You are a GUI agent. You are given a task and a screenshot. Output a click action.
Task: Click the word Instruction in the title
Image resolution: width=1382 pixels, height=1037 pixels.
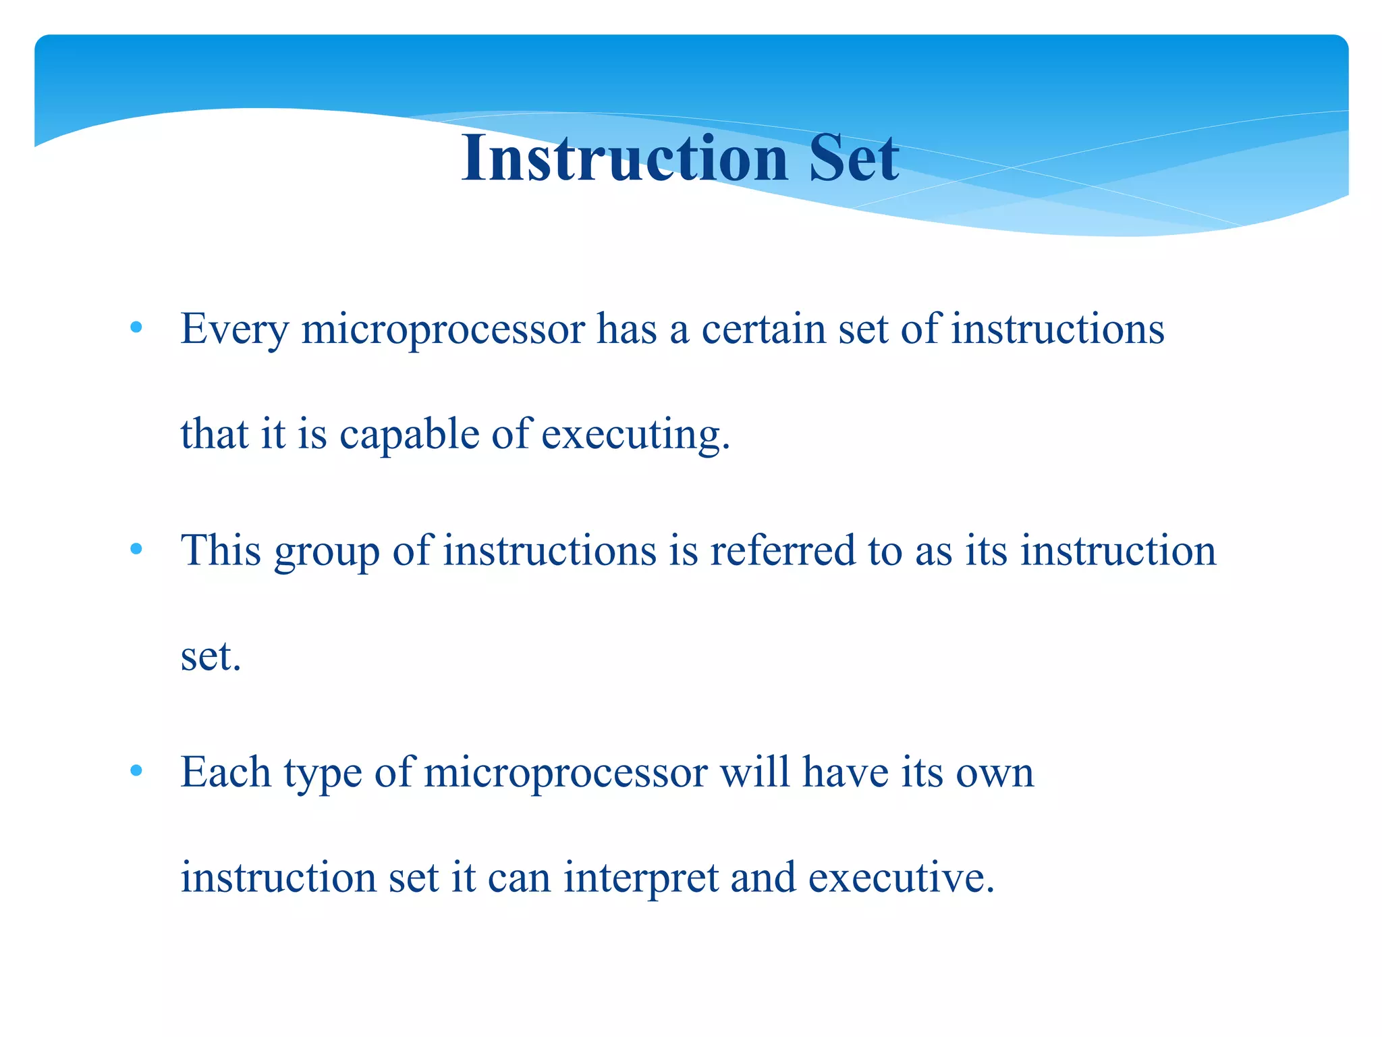pyautogui.click(x=625, y=158)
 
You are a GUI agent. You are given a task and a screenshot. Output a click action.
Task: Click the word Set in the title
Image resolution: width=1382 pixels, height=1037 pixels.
pyautogui.click(x=854, y=158)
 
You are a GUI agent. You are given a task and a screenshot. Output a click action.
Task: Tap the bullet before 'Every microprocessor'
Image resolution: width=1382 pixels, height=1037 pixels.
pyautogui.click(x=136, y=328)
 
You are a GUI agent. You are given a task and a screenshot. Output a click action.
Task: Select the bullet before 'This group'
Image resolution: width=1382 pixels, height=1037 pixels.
pyautogui.click(x=136, y=549)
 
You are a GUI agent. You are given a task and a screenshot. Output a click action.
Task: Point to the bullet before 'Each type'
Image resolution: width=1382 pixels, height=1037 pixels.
pyautogui.click(x=136, y=770)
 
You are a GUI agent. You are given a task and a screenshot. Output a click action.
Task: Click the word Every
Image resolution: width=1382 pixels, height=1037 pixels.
pyautogui.click(x=234, y=329)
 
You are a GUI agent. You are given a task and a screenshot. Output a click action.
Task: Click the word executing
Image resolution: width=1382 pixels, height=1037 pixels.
pyautogui.click(x=635, y=434)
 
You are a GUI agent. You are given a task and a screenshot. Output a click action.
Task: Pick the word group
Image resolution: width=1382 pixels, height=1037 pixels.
pyautogui.click(x=327, y=551)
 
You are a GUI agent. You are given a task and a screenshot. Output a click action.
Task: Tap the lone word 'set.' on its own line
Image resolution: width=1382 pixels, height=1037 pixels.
pyautogui.click(x=211, y=656)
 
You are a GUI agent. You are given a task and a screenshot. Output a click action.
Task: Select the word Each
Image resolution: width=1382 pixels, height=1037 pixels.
pyautogui.click(x=225, y=772)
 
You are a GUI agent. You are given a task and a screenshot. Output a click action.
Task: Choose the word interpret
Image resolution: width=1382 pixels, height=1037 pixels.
pyautogui.click(x=640, y=878)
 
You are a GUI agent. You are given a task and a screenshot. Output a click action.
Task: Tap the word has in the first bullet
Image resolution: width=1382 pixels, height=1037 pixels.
pyautogui.click(x=626, y=329)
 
